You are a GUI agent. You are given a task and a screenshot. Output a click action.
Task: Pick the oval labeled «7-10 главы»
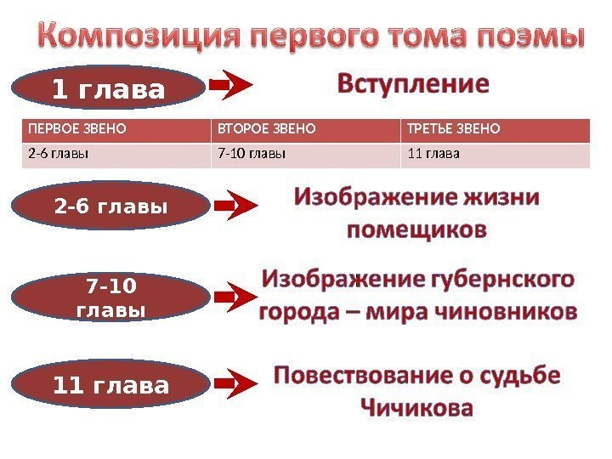click(x=110, y=297)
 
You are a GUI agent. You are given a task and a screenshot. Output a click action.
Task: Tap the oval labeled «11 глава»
click(x=110, y=387)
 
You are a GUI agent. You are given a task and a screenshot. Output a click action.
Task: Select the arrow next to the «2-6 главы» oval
click(x=235, y=205)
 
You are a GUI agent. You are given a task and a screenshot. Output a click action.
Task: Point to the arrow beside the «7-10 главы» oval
click(x=235, y=297)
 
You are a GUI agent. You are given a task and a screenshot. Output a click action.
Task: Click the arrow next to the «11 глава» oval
click(x=235, y=384)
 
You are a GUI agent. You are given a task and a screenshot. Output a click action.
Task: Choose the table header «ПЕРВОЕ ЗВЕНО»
click(x=77, y=130)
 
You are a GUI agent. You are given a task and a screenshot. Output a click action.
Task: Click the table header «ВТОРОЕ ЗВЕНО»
click(x=267, y=130)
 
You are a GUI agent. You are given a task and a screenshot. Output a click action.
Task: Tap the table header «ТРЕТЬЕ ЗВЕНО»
click(x=454, y=130)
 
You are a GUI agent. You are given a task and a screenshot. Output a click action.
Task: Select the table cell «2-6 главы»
click(x=59, y=154)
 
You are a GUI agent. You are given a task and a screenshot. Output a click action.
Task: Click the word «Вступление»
click(x=414, y=85)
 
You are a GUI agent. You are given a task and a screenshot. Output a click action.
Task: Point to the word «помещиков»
click(x=417, y=229)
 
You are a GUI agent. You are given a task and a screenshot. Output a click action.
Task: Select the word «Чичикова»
click(x=416, y=408)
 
